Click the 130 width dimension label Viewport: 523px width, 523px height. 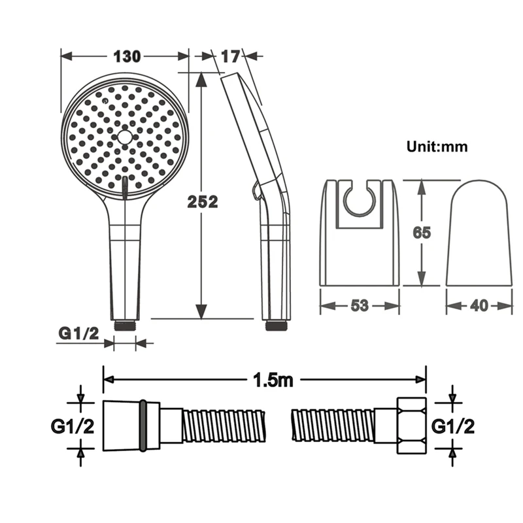[127, 57]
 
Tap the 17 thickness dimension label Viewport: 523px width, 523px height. [231, 57]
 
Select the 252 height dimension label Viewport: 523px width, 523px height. [203, 202]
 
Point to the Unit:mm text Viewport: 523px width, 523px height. [437, 146]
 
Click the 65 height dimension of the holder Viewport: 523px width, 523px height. [422, 233]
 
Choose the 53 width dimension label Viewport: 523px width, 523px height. [360, 305]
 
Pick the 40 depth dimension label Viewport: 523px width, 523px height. [479, 305]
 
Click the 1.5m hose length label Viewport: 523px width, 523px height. [273, 380]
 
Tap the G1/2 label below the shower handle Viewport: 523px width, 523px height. [79, 333]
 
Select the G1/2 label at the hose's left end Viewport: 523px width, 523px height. [73, 426]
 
